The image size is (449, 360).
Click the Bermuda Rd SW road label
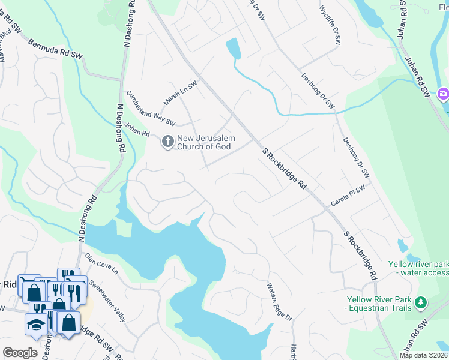point(55,49)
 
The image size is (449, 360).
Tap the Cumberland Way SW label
point(150,109)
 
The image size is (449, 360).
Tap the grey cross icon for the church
point(167,142)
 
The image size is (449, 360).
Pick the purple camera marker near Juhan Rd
point(443,93)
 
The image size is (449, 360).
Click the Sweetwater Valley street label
point(107,300)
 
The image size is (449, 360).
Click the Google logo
point(20,353)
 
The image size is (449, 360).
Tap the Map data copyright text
point(424,355)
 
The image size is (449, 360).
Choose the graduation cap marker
point(35,324)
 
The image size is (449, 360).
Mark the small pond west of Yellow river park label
point(402,245)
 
